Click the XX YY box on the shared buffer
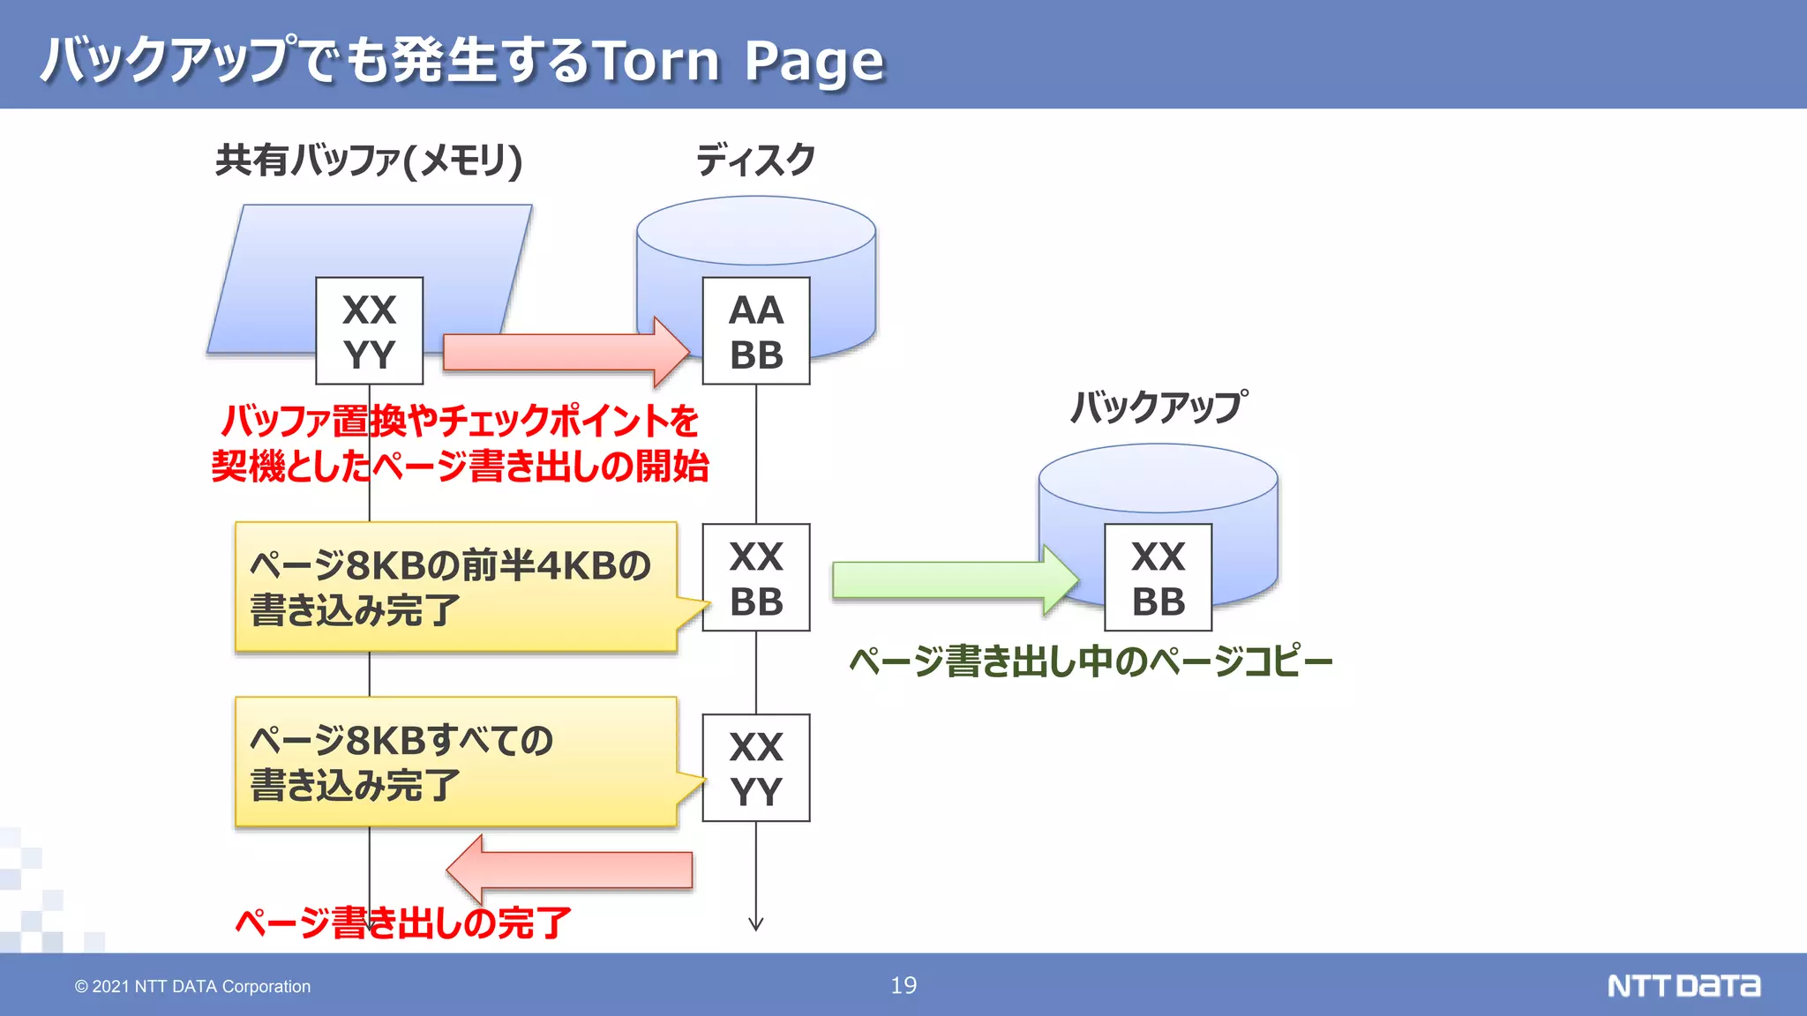[369, 331]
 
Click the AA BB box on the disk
[756, 331]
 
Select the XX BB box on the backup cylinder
[1158, 578]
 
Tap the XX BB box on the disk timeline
[756, 578]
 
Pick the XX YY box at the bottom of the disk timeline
[756, 767]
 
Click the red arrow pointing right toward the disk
[565, 352]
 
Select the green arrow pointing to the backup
[953, 579]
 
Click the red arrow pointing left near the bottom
[570, 870]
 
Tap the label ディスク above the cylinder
[755, 160]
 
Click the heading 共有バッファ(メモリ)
[369, 160]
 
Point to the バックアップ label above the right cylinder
[1158, 407]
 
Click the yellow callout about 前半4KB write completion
[455, 586]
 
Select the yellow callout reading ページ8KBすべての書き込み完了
[455, 762]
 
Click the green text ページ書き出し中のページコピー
[1091, 661]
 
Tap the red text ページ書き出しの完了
[403, 923]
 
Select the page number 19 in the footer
[903, 985]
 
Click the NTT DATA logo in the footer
[1683, 985]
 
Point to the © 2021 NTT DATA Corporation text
[192, 986]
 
